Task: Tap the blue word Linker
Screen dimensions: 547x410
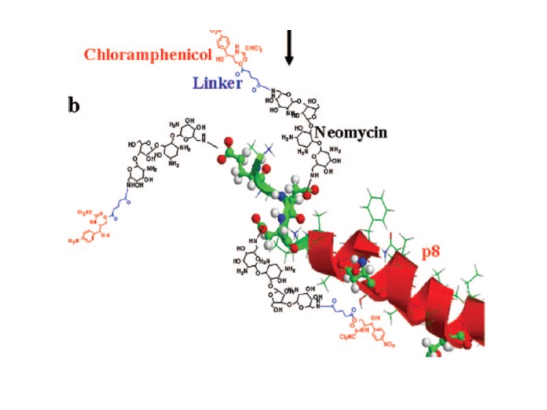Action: point(218,83)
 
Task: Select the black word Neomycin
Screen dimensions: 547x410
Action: point(350,132)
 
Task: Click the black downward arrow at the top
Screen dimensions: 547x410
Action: point(289,48)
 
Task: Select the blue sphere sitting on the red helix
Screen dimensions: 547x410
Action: point(362,262)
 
